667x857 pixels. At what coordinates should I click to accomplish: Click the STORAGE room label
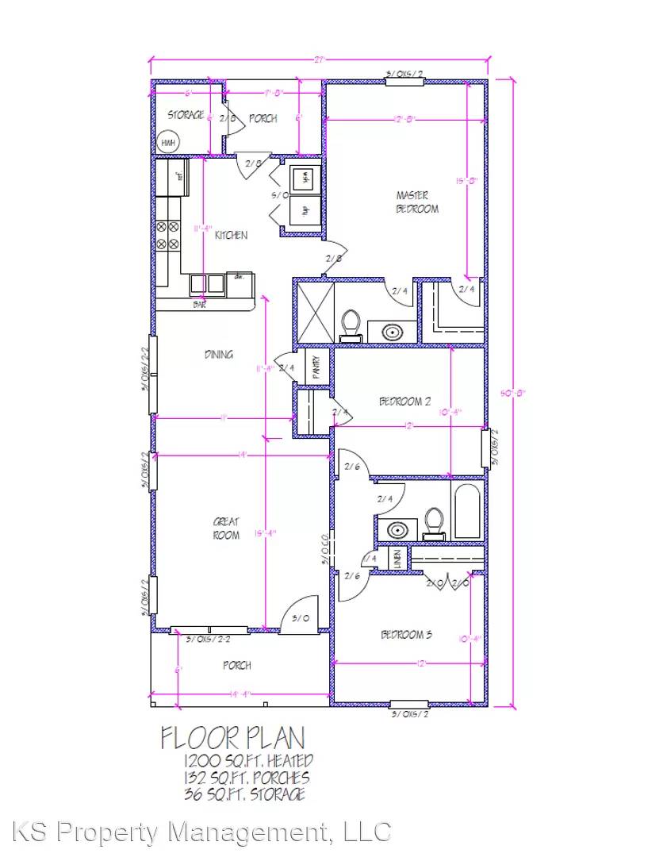click(x=185, y=116)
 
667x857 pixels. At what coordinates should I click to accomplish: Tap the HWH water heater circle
click(x=168, y=143)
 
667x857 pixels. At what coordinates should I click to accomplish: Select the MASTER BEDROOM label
click(x=417, y=202)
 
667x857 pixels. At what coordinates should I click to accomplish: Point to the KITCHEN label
click(x=231, y=235)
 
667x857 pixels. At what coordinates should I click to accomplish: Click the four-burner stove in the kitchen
click(x=167, y=236)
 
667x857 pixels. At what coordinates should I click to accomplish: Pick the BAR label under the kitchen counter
click(x=199, y=304)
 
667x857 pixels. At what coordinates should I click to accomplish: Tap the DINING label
click(x=218, y=354)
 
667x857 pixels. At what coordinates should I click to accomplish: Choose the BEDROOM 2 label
click(x=404, y=402)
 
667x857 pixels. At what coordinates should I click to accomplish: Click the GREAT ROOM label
click(x=226, y=528)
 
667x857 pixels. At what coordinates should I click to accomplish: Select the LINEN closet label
click(x=397, y=558)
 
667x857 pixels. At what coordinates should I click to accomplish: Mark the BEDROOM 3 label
click(x=406, y=635)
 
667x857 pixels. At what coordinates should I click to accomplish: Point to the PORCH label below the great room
click(x=237, y=665)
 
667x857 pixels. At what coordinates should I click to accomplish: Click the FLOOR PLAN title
click(x=232, y=738)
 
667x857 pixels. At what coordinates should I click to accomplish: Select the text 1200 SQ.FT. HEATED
click(x=247, y=763)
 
